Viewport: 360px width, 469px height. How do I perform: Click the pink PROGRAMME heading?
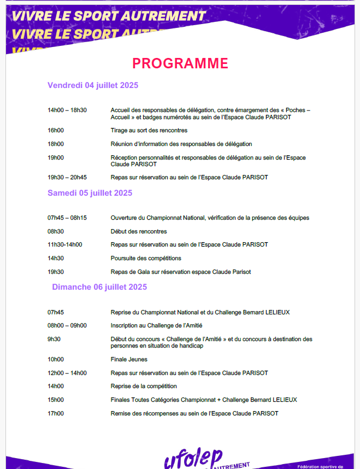pyautogui.click(x=180, y=63)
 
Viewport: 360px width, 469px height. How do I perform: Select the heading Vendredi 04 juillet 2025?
pyautogui.click(x=93, y=85)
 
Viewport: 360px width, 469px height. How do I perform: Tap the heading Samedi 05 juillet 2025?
pyautogui.click(x=90, y=193)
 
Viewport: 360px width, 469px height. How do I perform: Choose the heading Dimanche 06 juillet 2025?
pyautogui.click(x=99, y=287)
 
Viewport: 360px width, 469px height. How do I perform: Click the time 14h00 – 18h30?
pyautogui.click(x=67, y=110)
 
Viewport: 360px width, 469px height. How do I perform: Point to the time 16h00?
pyautogui.click(x=56, y=131)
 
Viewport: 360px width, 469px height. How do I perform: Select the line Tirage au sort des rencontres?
pyautogui.click(x=149, y=131)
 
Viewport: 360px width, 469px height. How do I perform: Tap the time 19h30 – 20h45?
pyautogui.click(x=67, y=178)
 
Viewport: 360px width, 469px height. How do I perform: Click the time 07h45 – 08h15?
pyautogui.click(x=67, y=218)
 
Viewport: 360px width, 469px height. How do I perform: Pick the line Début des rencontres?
pyautogui.click(x=139, y=232)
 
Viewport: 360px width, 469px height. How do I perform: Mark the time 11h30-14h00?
pyautogui.click(x=65, y=245)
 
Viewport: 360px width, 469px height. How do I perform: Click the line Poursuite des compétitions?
pyautogui.click(x=146, y=259)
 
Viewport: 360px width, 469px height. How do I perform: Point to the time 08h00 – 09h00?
pyautogui.click(x=67, y=326)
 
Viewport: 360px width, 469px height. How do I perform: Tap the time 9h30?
pyautogui.click(x=54, y=339)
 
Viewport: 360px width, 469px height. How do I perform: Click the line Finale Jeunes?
pyautogui.click(x=129, y=360)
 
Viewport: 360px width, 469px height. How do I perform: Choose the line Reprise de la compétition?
pyautogui.click(x=144, y=386)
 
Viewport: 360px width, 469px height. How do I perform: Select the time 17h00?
pyautogui.click(x=56, y=414)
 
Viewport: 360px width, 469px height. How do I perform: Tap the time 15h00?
pyautogui.click(x=56, y=400)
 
